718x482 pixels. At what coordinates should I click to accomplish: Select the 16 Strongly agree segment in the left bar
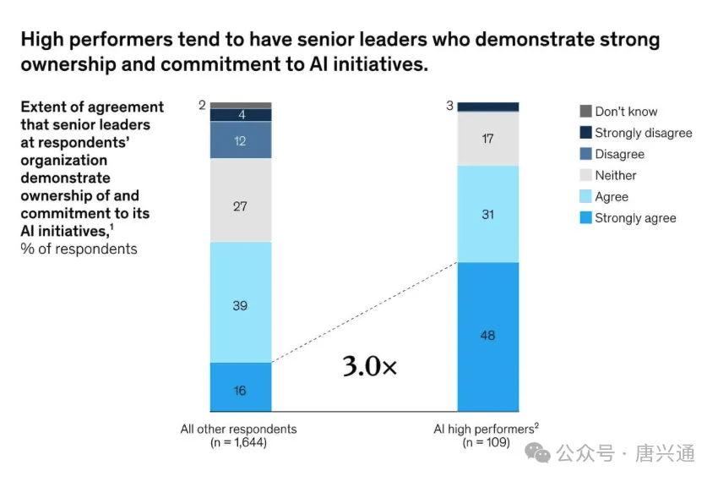[x=240, y=388]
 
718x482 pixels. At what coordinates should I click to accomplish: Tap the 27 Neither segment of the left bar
[x=240, y=205]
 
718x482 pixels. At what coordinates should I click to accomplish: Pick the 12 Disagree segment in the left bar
[x=240, y=141]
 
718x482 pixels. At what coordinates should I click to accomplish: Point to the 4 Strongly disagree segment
[x=240, y=115]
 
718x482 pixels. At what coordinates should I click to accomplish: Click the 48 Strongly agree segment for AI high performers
[x=487, y=336]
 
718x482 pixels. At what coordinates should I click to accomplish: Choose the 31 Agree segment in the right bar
[x=487, y=215]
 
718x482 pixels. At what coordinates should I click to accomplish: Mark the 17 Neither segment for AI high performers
[x=487, y=139]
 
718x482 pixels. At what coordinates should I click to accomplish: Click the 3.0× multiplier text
[x=369, y=366]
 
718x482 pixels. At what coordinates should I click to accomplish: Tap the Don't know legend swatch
[x=585, y=112]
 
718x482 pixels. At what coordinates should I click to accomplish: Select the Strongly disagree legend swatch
[x=585, y=133]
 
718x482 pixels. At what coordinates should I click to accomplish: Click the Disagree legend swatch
[x=585, y=154]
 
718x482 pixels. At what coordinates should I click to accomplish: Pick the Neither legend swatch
[x=585, y=175]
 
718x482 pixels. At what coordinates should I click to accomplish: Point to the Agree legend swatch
[x=585, y=197]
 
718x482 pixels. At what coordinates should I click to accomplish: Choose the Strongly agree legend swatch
[x=585, y=218]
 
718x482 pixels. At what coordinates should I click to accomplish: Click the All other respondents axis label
[x=238, y=429]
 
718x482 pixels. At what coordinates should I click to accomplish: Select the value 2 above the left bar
[x=202, y=105]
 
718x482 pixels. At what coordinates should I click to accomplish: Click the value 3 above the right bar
[x=450, y=106]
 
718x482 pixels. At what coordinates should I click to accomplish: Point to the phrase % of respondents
[x=79, y=249]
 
